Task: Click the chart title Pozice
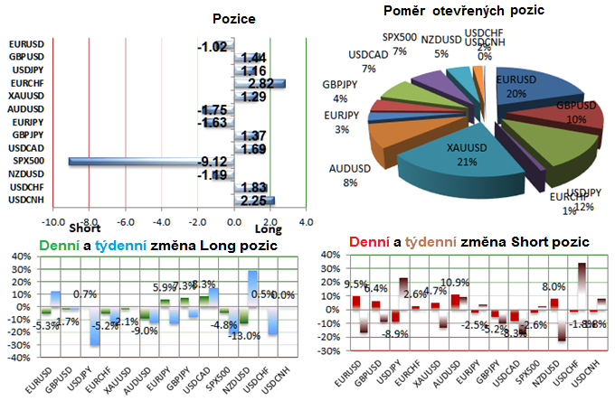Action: pos(233,18)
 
